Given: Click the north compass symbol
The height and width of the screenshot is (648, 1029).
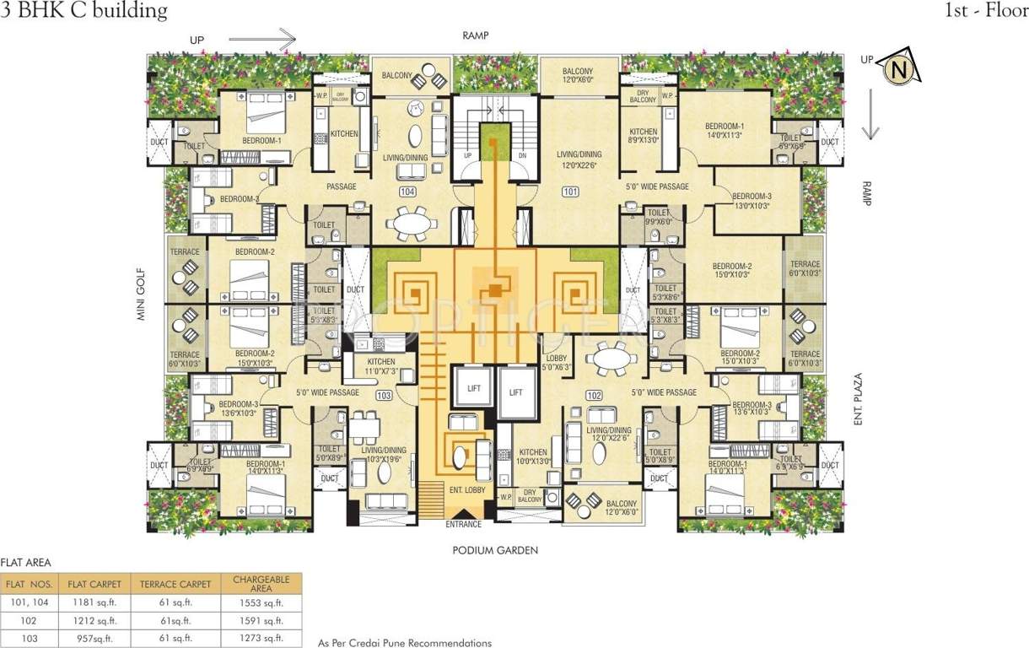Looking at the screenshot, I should coord(897,69).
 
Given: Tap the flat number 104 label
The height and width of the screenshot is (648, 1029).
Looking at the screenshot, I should coord(408,192).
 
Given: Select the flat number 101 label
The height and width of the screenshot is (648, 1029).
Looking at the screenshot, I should coord(571,192).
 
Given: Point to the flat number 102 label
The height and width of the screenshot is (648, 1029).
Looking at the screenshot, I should coord(594,396).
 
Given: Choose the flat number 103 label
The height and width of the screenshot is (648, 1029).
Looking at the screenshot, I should coord(385,395).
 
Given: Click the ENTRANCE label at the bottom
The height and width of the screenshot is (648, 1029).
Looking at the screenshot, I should coord(464,525).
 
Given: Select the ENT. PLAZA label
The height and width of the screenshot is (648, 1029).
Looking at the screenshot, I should coord(859,401).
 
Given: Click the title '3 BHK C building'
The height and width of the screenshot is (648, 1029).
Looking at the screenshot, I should coord(84,11).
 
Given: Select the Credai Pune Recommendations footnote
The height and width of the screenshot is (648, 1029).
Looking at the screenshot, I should coord(405,643).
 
